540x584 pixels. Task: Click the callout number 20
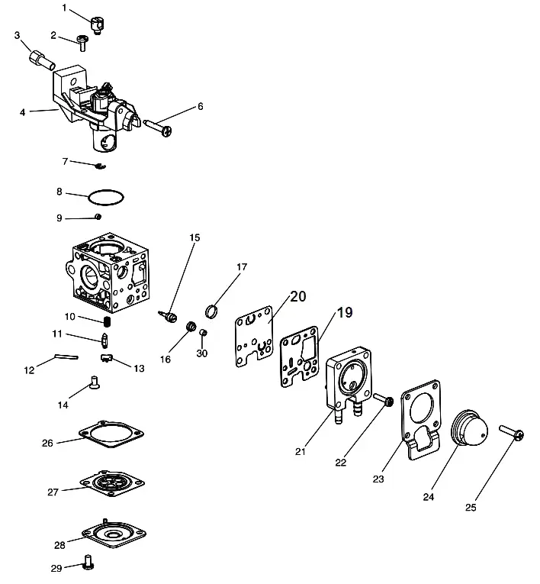coord(297,296)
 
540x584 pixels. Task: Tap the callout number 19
coord(345,312)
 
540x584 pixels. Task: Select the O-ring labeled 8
coord(106,197)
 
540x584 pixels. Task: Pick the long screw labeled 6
coord(158,127)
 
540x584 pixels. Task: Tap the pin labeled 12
coord(67,357)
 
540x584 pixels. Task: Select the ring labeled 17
coord(211,311)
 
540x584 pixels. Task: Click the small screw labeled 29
coord(89,566)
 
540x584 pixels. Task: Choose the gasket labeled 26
coord(111,434)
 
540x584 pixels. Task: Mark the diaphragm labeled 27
coord(112,483)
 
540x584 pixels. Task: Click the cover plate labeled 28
coord(114,534)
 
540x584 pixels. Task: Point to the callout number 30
coord(201,353)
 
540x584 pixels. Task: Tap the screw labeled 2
coord(82,43)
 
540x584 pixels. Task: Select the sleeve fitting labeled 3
coord(42,60)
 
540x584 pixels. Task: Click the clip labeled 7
coord(101,166)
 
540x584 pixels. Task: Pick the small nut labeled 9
coord(98,216)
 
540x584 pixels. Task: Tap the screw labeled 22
coord(384,399)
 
